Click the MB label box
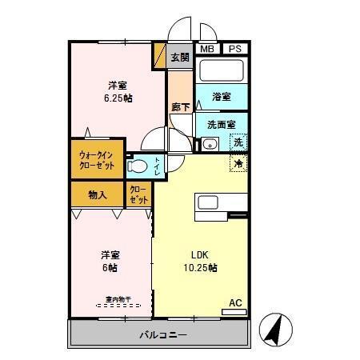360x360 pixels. coord(207,49)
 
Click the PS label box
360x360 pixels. coord(234,49)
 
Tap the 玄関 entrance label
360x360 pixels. coord(180,57)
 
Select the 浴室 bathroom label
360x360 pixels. coord(222,97)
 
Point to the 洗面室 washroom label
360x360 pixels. coord(221,125)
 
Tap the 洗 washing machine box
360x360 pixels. coord(238,143)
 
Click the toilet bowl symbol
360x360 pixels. coord(139,167)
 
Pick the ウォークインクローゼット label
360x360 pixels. coord(97,160)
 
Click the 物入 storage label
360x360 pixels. coord(98,194)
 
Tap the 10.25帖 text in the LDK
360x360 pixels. coord(200,267)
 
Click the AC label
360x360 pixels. coord(235,302)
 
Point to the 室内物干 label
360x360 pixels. coord(114,302)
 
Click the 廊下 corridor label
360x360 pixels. coord(180,106)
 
